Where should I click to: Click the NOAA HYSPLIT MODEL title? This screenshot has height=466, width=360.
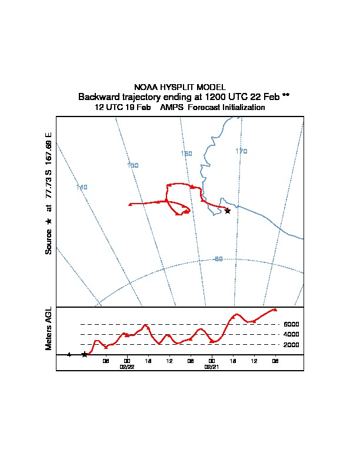pyautogui.click(x=179, y=87)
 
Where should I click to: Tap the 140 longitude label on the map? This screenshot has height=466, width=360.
pyautogui.click(x=82, y=187)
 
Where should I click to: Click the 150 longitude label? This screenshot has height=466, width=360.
pyautogui.click(x=133, y=165)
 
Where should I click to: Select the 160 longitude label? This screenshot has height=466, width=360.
pyautogui.click(x=186, y=154)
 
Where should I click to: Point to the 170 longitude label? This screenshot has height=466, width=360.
pyautogui.click(x=241, y=151)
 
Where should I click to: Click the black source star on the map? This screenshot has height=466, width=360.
pyautogui.click(x=228, y=211)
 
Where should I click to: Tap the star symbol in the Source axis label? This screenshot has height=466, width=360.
pyautogui.click(x=49, y=221)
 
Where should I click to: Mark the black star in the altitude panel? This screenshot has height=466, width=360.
pyautogui.click(x=85, y=354)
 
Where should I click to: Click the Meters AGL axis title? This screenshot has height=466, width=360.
pyautogui.click(x=49, y=328)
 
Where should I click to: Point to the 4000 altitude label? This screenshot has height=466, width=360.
pyautogui.click(x=291, y=334)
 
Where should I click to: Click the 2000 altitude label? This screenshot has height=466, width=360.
pyautogui.click(x=291, y=344)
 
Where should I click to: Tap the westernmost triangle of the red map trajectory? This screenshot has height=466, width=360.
pyautogui.click(x=129, y=204)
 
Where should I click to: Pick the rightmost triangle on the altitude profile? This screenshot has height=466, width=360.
pyautogui.click(x=275, y=309)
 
